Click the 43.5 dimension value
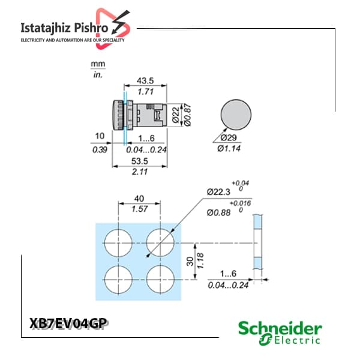tap(145, 81)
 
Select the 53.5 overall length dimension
tap(140, 161)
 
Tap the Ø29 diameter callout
tap(229, 138)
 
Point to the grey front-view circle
tap(236, 115)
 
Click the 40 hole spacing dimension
tap(139, 199)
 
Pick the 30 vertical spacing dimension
tap(190, 261)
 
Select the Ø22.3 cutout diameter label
tap(218, 192)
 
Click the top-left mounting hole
tap(118, 243)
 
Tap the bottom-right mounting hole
tap(160, 280)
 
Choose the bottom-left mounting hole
tap(118, 280)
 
